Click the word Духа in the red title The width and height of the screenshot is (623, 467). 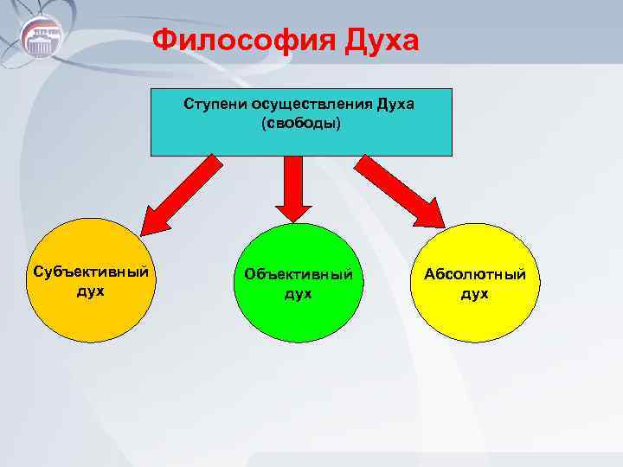[383, 40]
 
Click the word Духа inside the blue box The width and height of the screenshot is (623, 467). [395, 105]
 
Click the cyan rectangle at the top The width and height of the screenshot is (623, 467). [301, 138]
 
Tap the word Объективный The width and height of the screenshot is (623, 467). [299, 274]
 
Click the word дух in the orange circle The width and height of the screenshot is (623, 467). [89, 291]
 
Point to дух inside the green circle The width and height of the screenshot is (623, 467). [299, 294]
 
